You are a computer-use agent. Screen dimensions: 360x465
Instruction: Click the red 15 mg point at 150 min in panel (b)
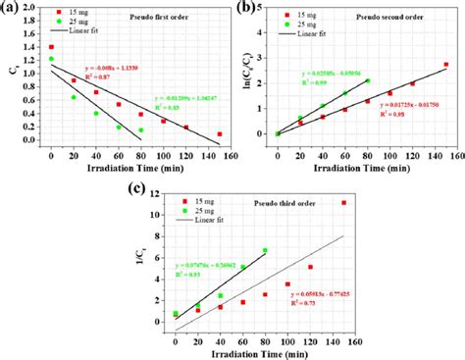(446, 65)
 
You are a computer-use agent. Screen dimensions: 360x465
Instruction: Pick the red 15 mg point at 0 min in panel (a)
(51, 47)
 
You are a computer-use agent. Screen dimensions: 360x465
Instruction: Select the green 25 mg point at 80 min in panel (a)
(140, 129)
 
